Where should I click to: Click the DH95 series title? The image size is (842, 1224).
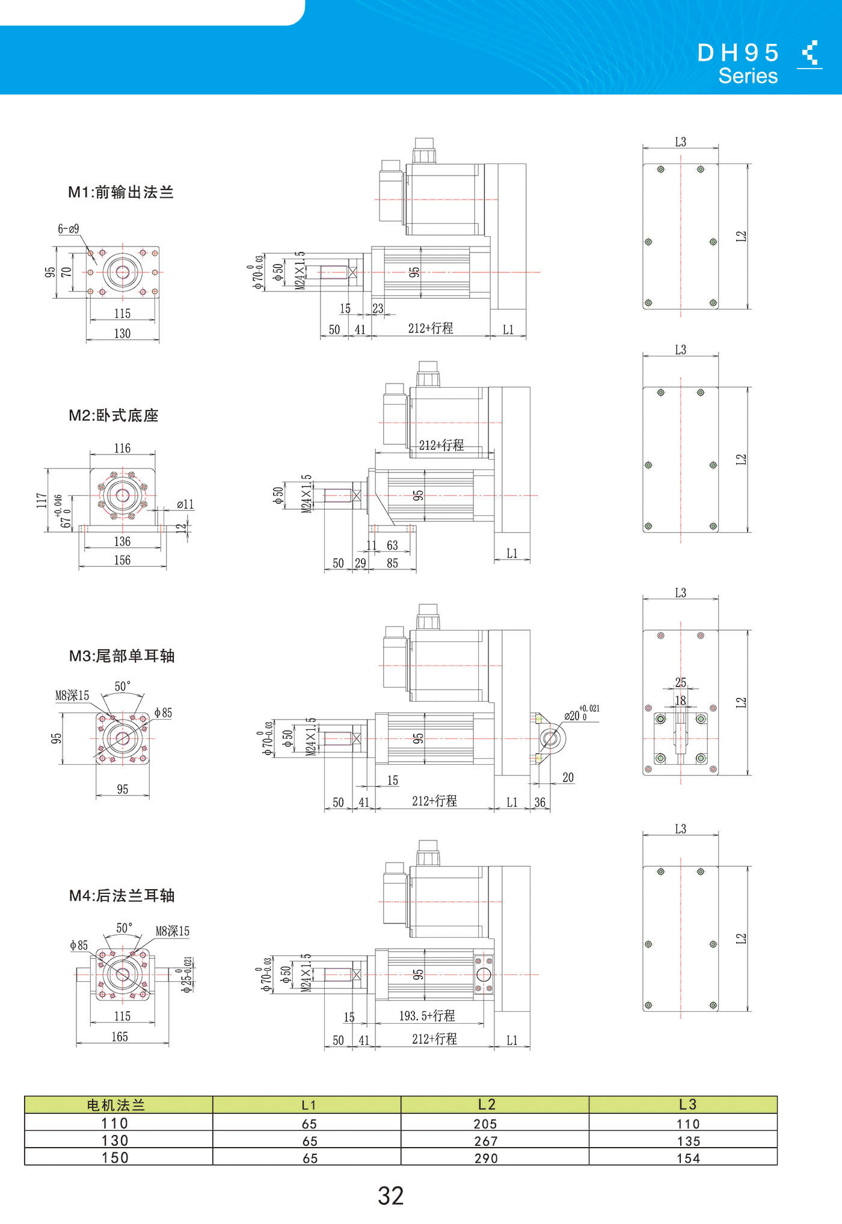pyautogui.click(x=738, y=63)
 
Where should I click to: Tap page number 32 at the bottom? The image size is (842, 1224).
pyautogui.click(x=391, y=1196)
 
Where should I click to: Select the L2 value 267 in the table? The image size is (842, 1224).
pyautogui.click(x=486, y=1141)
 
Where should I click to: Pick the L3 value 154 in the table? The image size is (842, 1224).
pyautogui.click(x=689, y=1158)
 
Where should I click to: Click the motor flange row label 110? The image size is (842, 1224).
pyautogui.click(x=115, y=1123)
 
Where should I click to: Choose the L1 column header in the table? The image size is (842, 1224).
pyautogui.click(x=309, y=1105)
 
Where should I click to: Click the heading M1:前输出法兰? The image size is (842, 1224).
pyautogui.click(x=121, y=192)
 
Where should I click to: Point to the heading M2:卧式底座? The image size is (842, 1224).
pyautogui.click(x=114, y=415)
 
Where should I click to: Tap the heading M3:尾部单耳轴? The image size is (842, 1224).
pyautogui.click(x=121, y=656)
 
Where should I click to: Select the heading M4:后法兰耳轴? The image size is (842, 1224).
pyautogui.click(x=121, y=896)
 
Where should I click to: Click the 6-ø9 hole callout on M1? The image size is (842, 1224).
pyautogui.click(x=69, y=228)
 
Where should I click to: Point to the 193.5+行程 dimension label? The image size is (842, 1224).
pyautogui.click(x=427, y=1016)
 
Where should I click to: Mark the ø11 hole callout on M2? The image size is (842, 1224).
pyautogui.click(x=186, y=504)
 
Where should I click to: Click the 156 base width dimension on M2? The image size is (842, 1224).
pyautogui.click(x=122, y=560)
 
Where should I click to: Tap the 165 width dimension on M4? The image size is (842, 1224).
pyautogui.click(x=120, y=1036)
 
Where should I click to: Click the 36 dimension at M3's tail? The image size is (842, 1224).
pyautogui.click(x=540, y=802)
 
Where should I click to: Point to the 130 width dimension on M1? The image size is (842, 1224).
pyautogui.click(x=122, y=333)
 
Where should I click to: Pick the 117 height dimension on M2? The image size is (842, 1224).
pyautogui.click(x=41, y=500)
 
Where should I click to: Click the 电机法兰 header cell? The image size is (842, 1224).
pyautogui.click(x=116, y=1105)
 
